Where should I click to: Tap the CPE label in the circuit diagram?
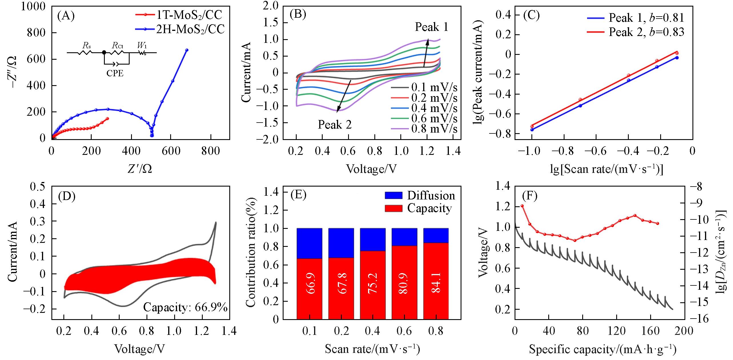coord(115,73)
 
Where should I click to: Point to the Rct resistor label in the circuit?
coord(117,45)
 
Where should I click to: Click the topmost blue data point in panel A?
coord(187,50)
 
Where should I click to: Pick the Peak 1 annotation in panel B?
coord(431,27)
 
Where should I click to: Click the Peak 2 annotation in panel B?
coord(335,125)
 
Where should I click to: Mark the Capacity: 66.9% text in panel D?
coord(185,307)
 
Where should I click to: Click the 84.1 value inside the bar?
coord(436,283)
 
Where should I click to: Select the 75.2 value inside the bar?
coord(373,283)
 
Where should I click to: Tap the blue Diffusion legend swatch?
coord(393,195)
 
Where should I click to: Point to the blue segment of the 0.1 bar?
coord(310,243)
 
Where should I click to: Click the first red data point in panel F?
coord(522,206)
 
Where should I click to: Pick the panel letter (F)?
coord(529,196)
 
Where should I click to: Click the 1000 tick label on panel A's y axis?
coord(33,6)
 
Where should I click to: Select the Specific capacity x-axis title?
coord(603,349)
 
